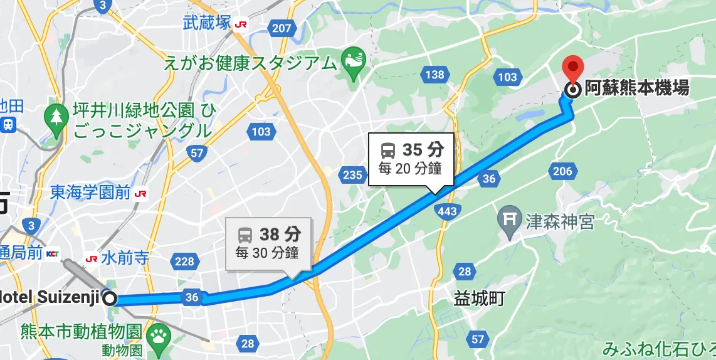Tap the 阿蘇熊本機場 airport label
pos(636,88)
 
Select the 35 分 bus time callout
pos(412,159)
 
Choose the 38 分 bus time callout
pos(267,244)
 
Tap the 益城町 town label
pos(479,299)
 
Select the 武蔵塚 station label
pos(208,24)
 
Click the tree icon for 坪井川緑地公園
pos(57,115)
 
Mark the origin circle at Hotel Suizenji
pos(110,299)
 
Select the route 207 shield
pos(282,28)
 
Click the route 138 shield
pos(434,75)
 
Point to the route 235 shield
pos(352,174)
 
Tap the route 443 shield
pos(448,211)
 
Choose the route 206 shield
pos(562,171)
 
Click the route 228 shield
pos(184,261)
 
